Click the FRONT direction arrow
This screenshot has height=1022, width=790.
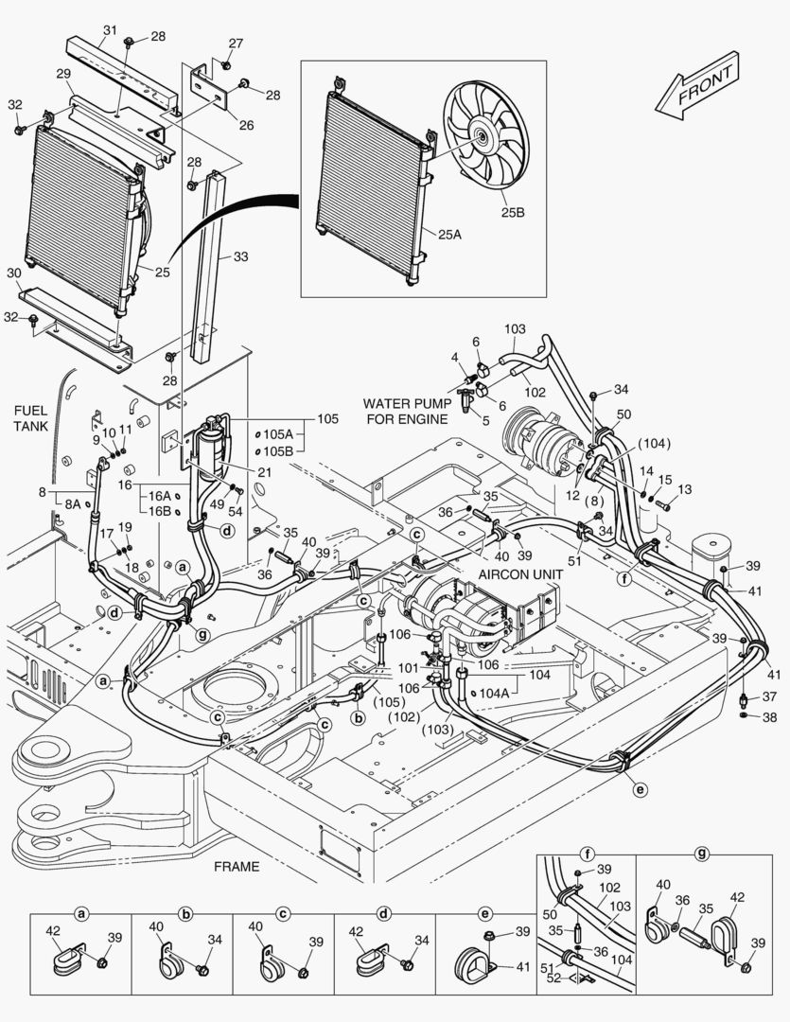click(699, 87)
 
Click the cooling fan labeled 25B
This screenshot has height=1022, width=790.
click(485, 138)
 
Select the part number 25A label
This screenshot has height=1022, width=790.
click(450, 234)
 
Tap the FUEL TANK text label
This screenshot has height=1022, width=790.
click(37, 418)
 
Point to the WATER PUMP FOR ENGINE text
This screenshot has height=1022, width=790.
click(405, 411)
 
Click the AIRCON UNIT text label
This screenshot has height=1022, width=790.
click(517, 573)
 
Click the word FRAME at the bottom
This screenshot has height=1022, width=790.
click(237, 866)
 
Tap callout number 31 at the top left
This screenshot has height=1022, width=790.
click(110, 31)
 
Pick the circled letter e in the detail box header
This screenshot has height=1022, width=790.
click(485, 914)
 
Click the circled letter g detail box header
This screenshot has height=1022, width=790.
click(702, 854)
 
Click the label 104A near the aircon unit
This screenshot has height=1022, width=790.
click(494, 692)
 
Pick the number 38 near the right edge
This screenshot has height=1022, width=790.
click(769, 716)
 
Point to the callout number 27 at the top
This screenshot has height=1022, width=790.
click(235, 44)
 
